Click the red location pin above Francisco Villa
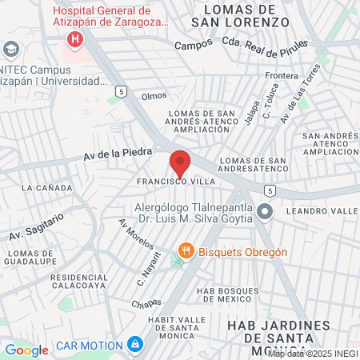(x=180, y=163)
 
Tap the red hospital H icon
(x=75, y=38)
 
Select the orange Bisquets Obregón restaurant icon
(x=186, y=251)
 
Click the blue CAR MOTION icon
(x=135, y=346)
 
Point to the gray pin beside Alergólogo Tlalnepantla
(x=266, y=211)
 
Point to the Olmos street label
(x=154, y=95)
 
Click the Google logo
(x=26, y=350)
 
